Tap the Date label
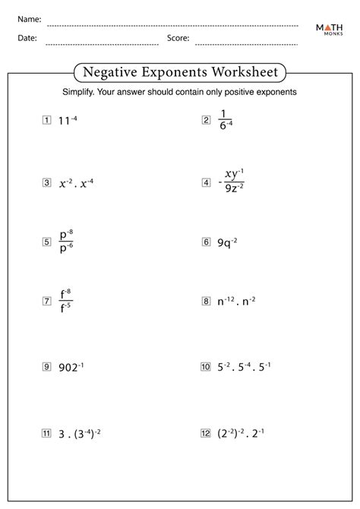(x=27, y=36)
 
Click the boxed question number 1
(x=47, y=120)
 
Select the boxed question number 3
(x=47, y=182)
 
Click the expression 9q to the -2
(x=227, y=242)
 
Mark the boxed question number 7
(x=47, y=302)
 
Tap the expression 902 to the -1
(x=73, y=367)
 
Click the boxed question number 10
(x=205, y=367)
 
